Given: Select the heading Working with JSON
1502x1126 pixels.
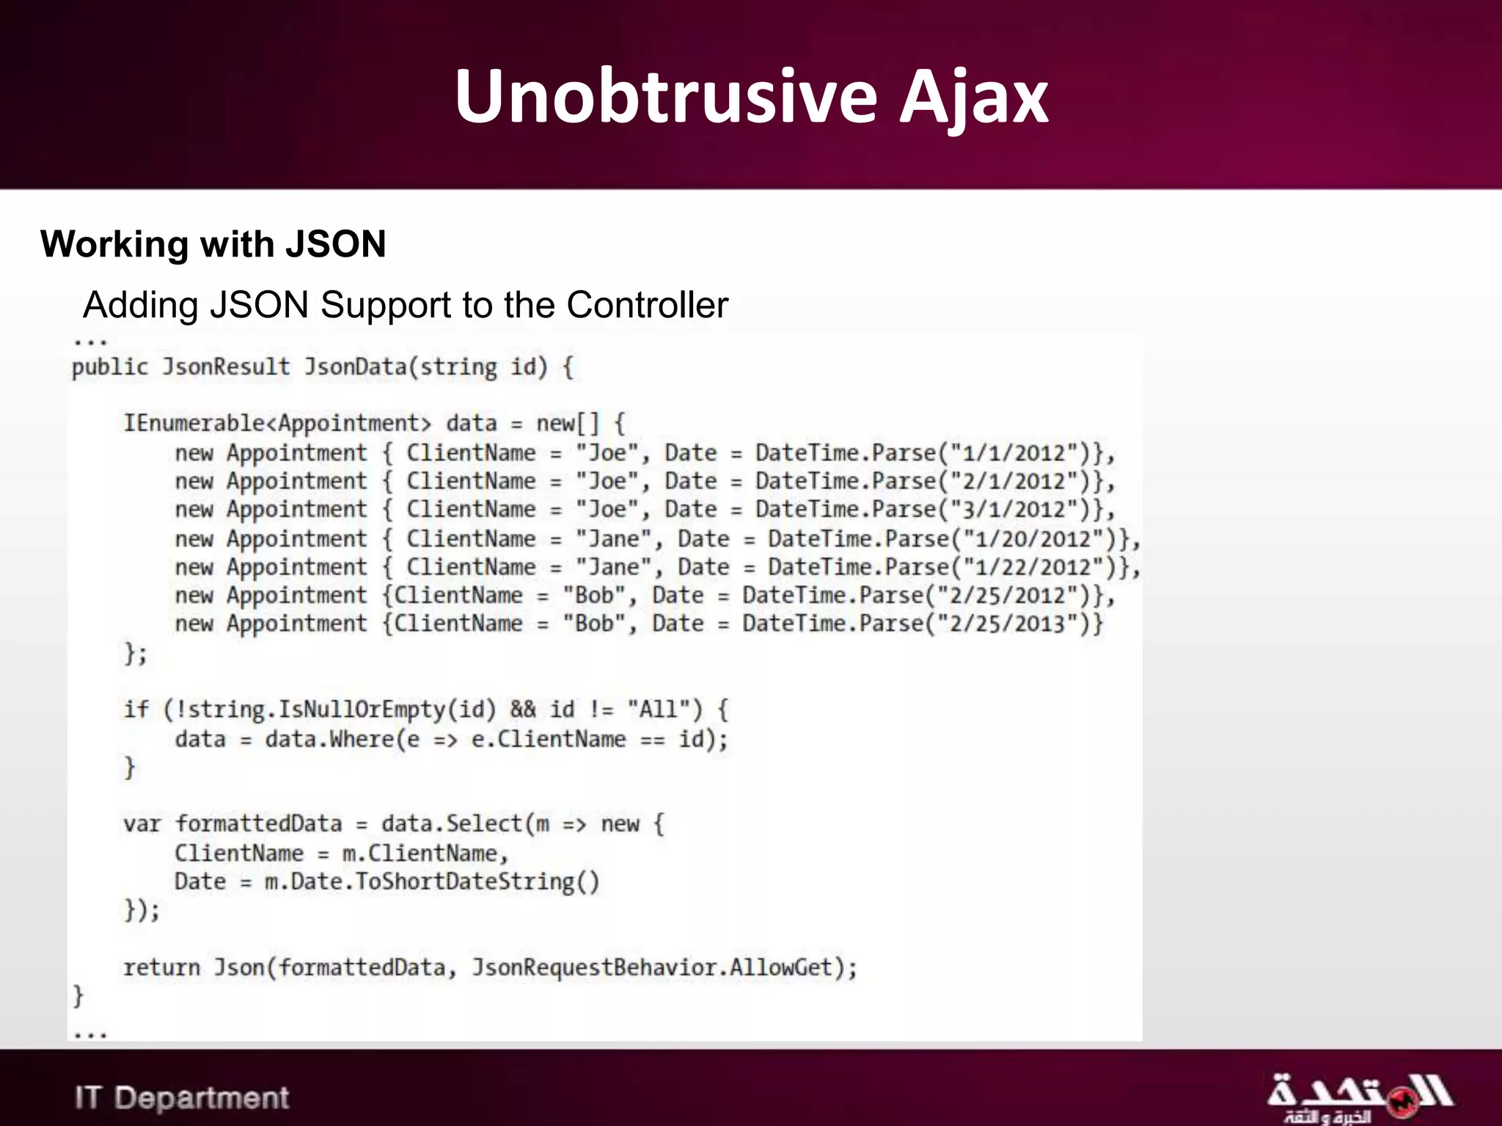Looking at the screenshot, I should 213,244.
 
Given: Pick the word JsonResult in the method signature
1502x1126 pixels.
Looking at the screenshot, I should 226,367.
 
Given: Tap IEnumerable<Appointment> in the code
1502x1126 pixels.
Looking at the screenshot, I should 276,424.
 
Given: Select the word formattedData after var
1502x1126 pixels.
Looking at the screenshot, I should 258,824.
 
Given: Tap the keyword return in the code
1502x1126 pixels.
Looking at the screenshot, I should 161,968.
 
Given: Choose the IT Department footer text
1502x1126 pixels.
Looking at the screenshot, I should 182,1097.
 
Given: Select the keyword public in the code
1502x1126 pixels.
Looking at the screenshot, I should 110,367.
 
